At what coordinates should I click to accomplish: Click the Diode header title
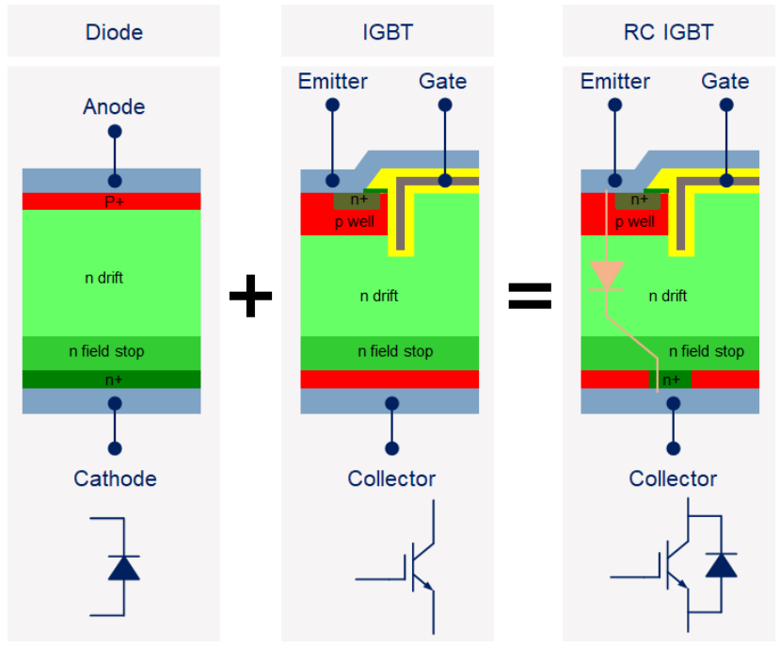[114, 32]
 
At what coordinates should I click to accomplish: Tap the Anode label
[114, 106]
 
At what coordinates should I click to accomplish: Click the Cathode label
[115, 478]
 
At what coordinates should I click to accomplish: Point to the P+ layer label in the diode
[114, 202]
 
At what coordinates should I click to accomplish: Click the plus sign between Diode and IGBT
[250, 297]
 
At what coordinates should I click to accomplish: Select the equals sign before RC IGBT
[530, 297]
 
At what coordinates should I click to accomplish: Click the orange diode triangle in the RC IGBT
[605, 275]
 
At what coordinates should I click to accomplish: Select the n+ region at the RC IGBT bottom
[671, 380]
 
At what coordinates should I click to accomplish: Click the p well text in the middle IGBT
[354, 222]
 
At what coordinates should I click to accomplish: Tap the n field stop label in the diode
[107, 351]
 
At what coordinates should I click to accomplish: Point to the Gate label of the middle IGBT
[442, 81]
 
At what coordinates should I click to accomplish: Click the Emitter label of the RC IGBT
[615, 81]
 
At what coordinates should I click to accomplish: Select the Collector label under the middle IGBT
[391, 478]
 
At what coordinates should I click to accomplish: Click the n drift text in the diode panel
[103, 278]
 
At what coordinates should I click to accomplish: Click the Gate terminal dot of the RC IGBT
[726, 178]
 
